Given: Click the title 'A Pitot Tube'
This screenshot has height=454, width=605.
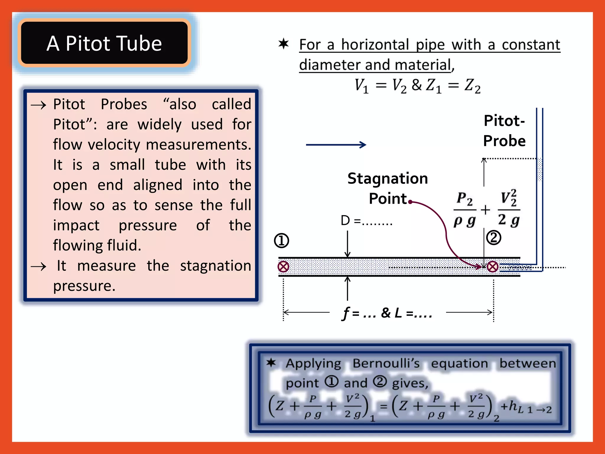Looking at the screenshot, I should pos(104,43).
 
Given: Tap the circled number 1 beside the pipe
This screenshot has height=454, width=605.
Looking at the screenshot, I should pos(281,240).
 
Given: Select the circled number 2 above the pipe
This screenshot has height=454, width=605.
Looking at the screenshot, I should pos(494,238).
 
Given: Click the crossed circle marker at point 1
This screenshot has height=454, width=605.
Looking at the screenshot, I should pos(283,267).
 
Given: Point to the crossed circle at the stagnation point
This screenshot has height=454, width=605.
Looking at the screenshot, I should pos(492,267).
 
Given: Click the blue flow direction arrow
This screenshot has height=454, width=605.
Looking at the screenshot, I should pos(336,145).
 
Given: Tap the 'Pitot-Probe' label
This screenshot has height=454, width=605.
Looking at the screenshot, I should pos(504,131).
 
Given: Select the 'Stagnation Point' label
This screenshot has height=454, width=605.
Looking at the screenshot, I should pos(388,188).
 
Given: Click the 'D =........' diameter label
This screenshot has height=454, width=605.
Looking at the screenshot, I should pos(366,220).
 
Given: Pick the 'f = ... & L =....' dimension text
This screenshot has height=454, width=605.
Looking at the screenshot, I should pos(387,313).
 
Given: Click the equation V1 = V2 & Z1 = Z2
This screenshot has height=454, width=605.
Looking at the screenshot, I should pos(417,86).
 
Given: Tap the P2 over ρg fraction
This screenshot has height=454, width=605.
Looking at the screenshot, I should pos(465,210).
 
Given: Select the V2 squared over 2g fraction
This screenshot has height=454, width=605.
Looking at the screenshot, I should pos(509,209).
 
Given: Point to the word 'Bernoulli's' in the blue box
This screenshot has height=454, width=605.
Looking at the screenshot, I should pos(386,363).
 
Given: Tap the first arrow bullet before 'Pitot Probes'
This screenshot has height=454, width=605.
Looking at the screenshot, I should pos(38,105).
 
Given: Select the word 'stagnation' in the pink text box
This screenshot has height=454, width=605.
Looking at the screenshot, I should pos(215,265).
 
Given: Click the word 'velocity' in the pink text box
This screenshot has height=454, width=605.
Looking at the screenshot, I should pos(114,145).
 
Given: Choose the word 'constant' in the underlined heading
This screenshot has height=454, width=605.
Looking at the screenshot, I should pos(531,45).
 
